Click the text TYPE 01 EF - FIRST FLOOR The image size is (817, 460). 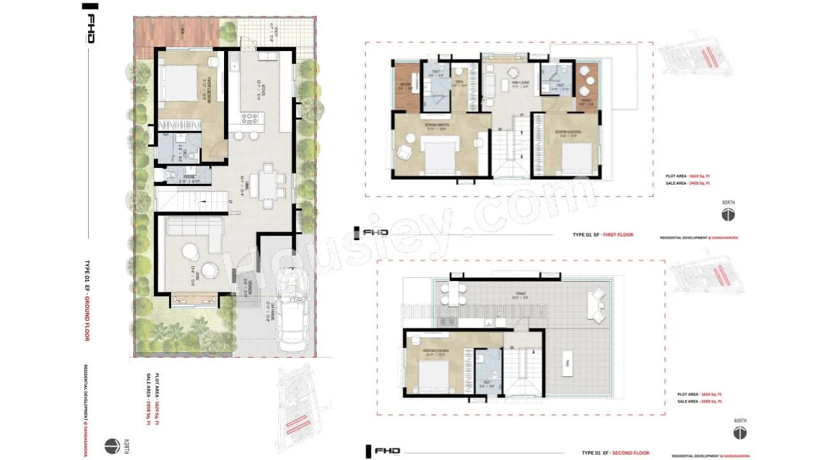click(x=603, y=235)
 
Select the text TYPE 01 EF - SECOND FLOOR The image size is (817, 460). click(x=610, y=453)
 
